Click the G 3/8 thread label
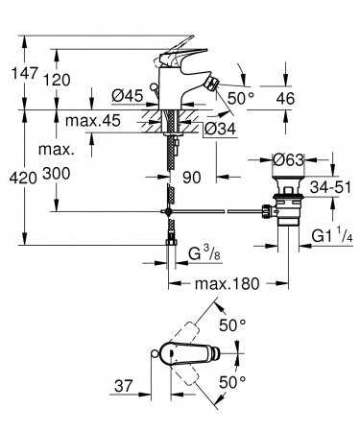(204, 253)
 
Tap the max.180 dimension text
(228, 285)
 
